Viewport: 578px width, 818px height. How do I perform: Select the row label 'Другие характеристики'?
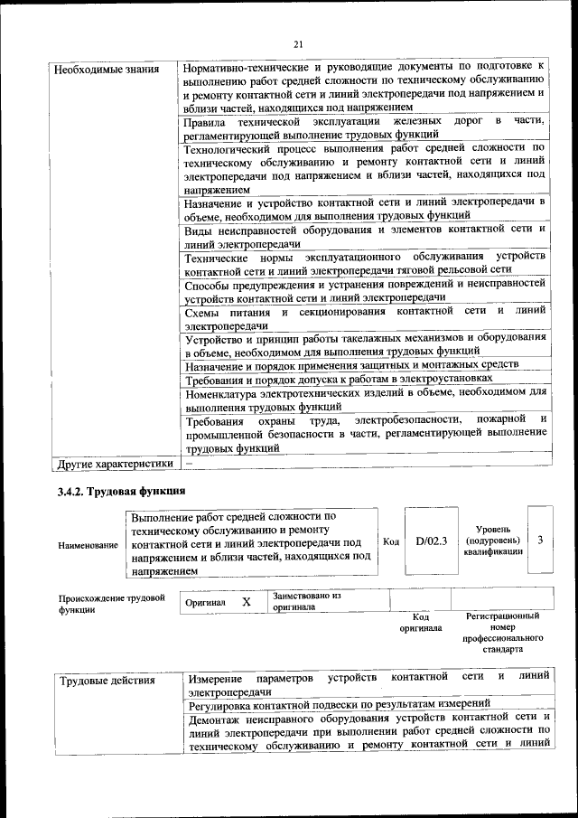tap(115, 464)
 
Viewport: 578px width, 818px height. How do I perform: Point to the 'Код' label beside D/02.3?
tap(391, 541)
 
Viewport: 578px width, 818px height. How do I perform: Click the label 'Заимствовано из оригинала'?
tap(306, 602)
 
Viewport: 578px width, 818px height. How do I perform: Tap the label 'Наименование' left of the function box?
tap(88, 546)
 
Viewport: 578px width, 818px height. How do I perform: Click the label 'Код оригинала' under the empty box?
tap(420, 621)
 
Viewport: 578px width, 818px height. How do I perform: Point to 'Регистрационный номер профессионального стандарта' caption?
tap(502, 632)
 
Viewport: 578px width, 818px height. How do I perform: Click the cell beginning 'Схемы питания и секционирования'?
tap(365, 317)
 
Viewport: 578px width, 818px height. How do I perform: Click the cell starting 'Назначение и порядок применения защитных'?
tap(351, 364)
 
